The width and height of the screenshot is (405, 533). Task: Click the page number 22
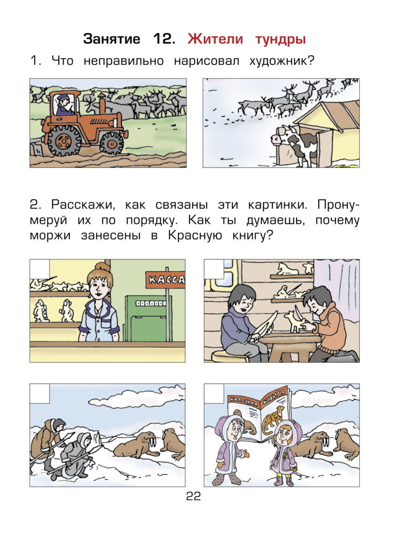(193, 497)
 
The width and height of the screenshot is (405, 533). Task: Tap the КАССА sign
(166, 279)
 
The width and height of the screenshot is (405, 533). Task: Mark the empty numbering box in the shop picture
(39, 268)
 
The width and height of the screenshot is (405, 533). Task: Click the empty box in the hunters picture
(39, 393)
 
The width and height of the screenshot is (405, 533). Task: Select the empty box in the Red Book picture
(214, 393)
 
